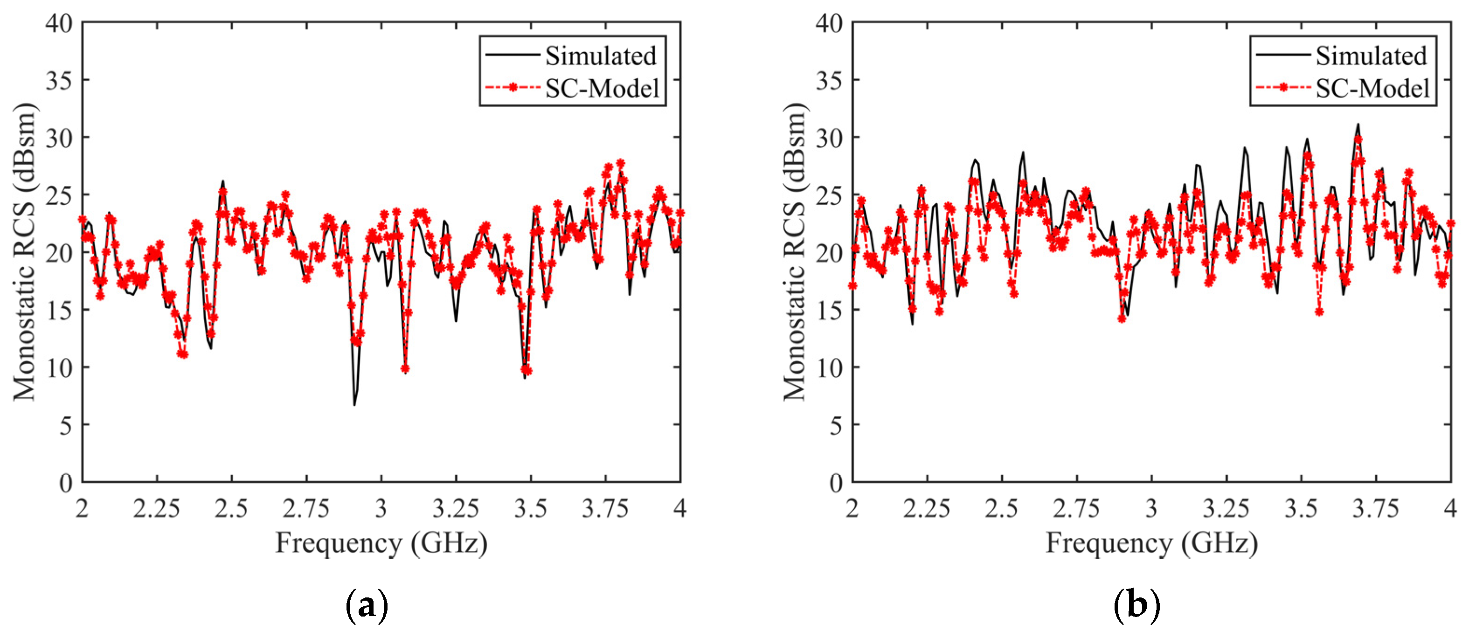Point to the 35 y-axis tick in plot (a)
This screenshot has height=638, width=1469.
pos(59,80)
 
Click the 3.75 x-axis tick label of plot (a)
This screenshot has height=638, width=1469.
pos(605,508)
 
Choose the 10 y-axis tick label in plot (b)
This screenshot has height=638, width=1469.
pos(829,368)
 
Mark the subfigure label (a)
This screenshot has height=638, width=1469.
pos(367,605)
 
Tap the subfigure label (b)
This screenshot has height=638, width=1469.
pos(1136,605)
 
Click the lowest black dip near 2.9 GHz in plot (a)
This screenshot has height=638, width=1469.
pos(354,404)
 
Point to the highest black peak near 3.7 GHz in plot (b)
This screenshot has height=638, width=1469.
pos(1358,125)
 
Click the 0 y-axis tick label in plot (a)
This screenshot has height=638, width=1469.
pos(66,483)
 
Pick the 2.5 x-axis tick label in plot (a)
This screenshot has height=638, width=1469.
pos(231,508)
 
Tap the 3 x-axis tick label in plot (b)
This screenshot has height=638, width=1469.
pos(1151,508)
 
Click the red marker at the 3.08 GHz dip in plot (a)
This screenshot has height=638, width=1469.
pos(405,369)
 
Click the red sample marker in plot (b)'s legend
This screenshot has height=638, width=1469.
pos(1282,88)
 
